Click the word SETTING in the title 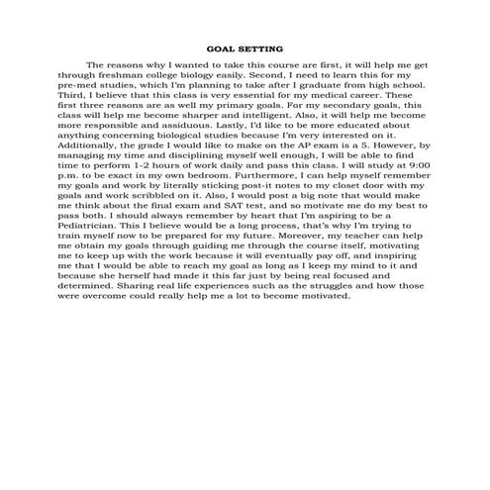(261, 48)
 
